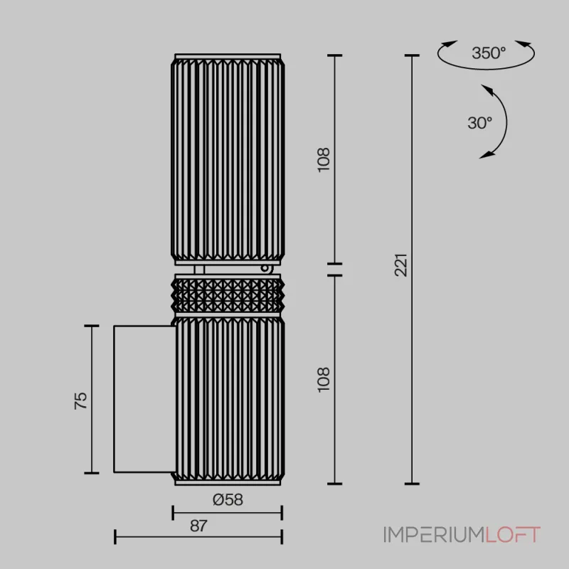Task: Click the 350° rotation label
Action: pyautogui.click(x=489, y=53)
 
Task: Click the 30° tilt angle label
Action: pyautogui.click(x=479, y=123)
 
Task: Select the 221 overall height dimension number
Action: pyautogui.click(x=401, y=265)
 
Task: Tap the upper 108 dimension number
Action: pyautogui.click(x=324, y=159)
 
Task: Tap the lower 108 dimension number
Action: pyautogui.click(x=324, y=380)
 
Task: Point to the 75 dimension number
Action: pyautogui.click(x=80, y=400)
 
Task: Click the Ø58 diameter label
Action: pyautogui.click(x=228, y=500)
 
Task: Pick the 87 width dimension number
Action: pyautogui.click(x=198, y=526)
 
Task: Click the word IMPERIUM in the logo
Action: pyautogui.click(x=435, y=535)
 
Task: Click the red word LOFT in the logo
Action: pyautogui.click(x=513, y=535)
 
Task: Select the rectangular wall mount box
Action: pyautogui.click(x=144, y=399)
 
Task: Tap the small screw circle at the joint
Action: pyautogui.click(x=265, y=269)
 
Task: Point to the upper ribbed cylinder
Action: pyautogui.click(x=228, y=159)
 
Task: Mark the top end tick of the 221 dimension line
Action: pyautogui.click(x=412, y=55)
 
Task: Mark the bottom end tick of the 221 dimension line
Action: pyautogui.click(x=412, y=484)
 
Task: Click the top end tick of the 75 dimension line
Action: pyautogui.click(x=92, y=326)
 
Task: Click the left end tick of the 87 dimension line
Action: pyautogui.click(x=115, y=537)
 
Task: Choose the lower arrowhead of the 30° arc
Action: pyautogui.click(x=487, y=155)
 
